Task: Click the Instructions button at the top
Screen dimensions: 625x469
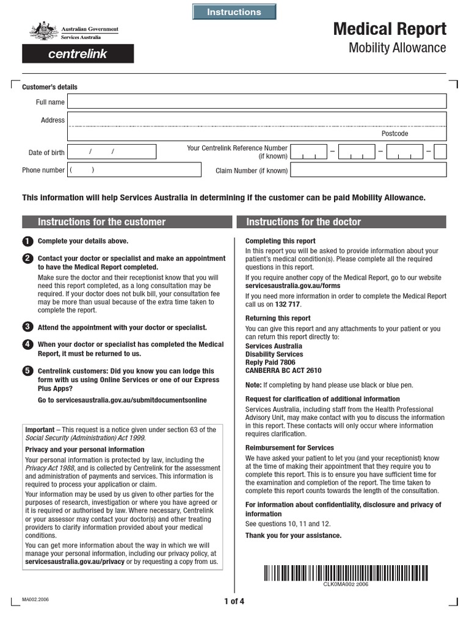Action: (234, 12)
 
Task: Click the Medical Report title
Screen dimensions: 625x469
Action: (389, 29)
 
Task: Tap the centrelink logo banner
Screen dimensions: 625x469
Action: (78, 54)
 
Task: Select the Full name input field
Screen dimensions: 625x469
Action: (256, 101)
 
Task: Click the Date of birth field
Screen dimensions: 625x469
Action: (112, 152)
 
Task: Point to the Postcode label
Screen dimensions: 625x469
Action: (394, 134)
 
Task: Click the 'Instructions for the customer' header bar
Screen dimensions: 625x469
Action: (127, 222)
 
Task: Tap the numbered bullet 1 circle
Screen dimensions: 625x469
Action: (27, 241)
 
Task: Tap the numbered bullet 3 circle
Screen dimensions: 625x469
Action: (27, 327)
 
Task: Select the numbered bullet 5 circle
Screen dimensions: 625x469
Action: (27, 370)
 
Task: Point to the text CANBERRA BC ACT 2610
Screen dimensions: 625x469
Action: (283, 370)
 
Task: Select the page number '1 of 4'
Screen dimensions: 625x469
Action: (234, 601)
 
